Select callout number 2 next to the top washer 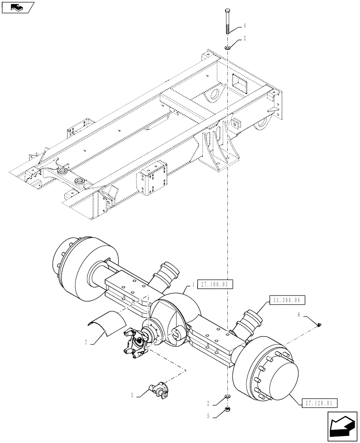[x=244, y=39]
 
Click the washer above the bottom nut [x=227, y=395]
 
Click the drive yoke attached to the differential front [x=135, y=341]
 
